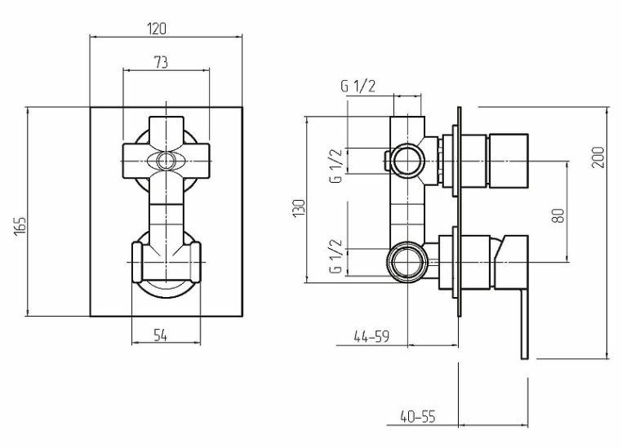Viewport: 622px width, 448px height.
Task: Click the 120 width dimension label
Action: pyautogui.click(x=157, y=29)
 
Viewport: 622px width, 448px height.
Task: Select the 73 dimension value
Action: pyautogui.click(x=161, y=63)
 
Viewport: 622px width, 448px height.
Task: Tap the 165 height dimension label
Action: pyautogui.click(x=20, y=225)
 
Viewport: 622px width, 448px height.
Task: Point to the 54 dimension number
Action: pyautogui.click(x=160, y=336)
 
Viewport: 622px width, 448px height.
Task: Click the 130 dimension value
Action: pyautogui.click(x=299, y=208)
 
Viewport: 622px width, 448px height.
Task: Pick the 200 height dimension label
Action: pyautogui.click(x=598, y=157)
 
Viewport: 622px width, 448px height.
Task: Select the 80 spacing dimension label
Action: pyautogui.click(x=558, y=215)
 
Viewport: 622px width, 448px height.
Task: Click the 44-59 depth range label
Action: pyautogui.click(x=371, y=336)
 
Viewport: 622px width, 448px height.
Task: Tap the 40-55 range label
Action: pyautogui.click(x=418, y=417)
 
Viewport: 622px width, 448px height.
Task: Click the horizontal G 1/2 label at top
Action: pyautogui.click(x=358, y=86)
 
